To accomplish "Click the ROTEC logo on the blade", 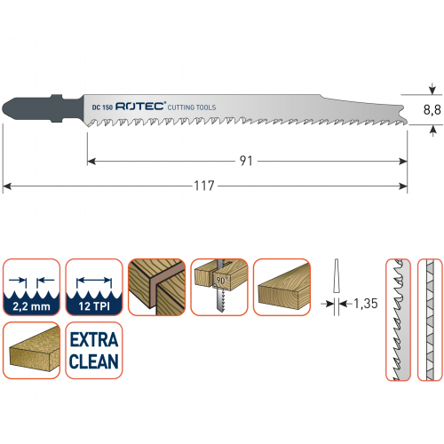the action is [x=140, y=107].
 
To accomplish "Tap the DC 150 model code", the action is [x=102, y=107].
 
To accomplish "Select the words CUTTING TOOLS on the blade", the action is [x=192, y=107].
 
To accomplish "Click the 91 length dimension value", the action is [x=246, y=161].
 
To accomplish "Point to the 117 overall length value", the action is [x=204, y=186].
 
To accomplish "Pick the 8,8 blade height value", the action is [x=432, y=110].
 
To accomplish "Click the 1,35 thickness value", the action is [x=366, y=304].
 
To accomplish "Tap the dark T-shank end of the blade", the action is [x=43, y=108].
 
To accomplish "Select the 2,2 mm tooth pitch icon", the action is [x=31, y=287].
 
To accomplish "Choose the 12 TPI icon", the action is [x=94, y=287].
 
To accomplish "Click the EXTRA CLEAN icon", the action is [x=94, y=350].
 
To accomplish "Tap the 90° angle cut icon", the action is [x=219, y=287].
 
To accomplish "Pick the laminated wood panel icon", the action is [x=156, y=287].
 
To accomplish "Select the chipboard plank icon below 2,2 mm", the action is [x=31, y=350].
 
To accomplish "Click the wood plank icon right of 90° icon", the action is [x=281, y=287].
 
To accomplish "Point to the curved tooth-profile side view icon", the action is [x=399, y=320].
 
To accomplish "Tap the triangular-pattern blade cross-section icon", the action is [x=430, y=320].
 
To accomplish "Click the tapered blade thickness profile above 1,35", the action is [x=337, y=276].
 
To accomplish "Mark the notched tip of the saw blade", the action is [x=403, y=115].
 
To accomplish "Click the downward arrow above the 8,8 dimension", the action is [x=432, y=89].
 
